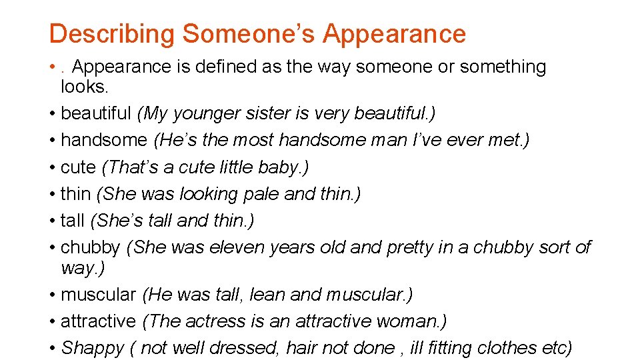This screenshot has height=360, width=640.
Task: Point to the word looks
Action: (83, 87)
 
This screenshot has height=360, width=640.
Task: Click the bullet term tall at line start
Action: (73, 220)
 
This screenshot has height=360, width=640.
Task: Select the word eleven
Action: (237, 247)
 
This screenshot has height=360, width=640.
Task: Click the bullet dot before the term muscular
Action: (52, 294)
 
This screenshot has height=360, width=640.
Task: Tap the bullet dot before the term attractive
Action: (52, 321)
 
